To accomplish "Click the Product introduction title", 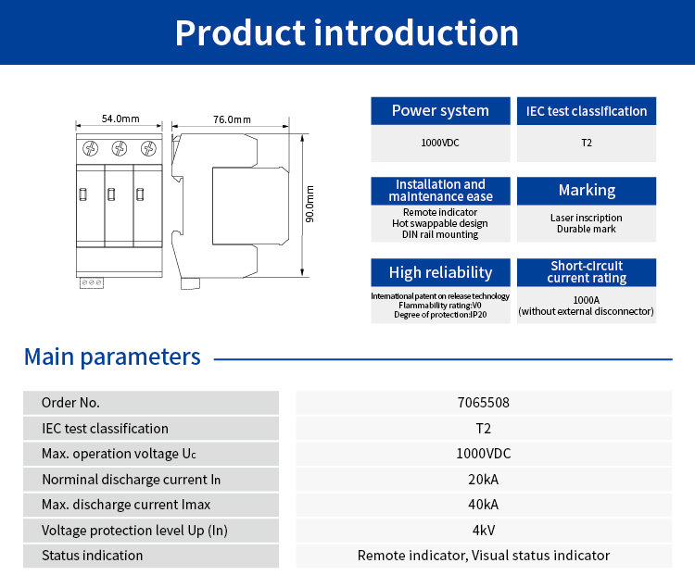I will pos(347,32).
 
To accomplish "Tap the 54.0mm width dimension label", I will pos(120,119).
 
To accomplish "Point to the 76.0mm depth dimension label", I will pos(232,119).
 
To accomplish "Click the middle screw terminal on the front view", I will pos(120,148).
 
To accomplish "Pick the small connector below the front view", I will pos(92,281).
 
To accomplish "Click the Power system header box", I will pos(440,111).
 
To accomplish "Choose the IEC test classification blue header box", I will pos(587,111).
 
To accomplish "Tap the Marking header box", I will pos(587,191).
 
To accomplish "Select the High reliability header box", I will pos(440,272).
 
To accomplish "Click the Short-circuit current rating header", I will pos(587,272).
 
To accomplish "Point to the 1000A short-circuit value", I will pos(587,300).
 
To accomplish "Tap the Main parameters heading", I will pos(112,357).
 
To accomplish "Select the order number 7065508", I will pos(484,403).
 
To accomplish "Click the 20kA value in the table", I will pos(484,480).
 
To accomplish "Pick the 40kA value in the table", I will pos(484,505).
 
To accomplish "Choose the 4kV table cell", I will pos(484,531).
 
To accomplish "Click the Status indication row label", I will pos(93,556).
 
